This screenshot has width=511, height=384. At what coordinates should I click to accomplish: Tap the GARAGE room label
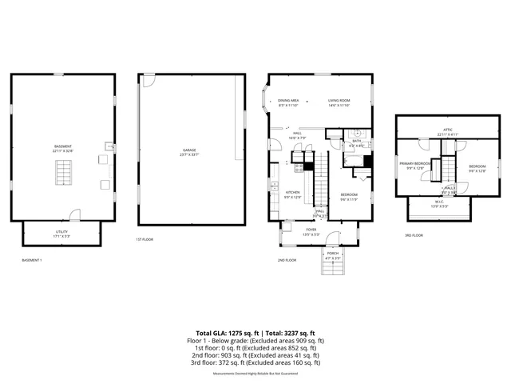(x=189, y=151)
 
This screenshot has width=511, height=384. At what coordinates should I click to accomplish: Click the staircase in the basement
(x=63, y=172)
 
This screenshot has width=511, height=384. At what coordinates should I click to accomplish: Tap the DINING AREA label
(x=288, y=102)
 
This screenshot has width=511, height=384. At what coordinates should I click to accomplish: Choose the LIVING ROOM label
(x=339, y=102)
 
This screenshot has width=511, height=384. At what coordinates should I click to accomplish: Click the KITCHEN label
(x=293, y=194)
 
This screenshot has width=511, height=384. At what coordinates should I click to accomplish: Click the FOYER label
(x=311, y=233)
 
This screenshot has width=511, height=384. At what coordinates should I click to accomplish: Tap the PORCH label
(x=333, y=257)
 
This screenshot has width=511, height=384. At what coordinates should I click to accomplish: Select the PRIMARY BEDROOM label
(x=415, y=164)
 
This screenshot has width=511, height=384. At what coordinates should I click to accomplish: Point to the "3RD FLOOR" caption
(x=414, y=235)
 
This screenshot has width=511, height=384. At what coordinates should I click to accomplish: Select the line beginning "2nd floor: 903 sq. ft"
(x=255, y=355)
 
